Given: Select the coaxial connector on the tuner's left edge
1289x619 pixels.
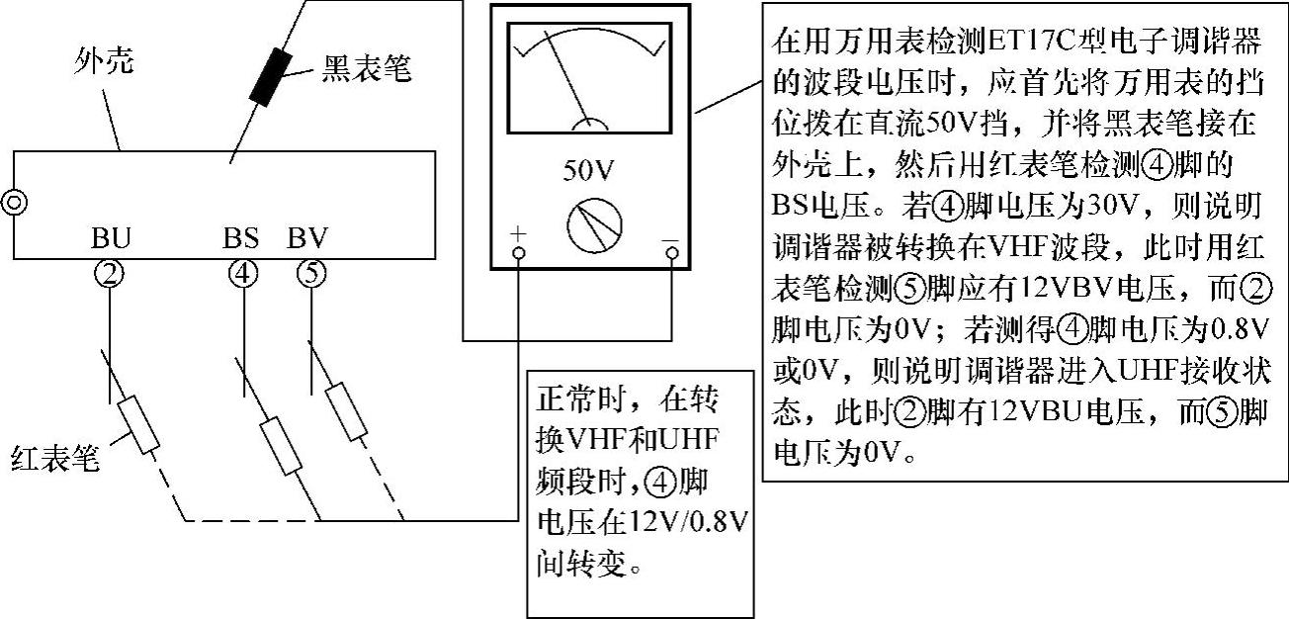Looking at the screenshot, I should tap(13, 203).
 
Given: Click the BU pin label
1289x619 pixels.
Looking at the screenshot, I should tap(112, 240).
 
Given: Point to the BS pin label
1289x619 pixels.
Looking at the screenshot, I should tap(242, 239).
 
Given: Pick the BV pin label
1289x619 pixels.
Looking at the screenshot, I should tap(307, 239).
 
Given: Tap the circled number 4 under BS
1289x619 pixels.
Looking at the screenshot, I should tap(242, 273).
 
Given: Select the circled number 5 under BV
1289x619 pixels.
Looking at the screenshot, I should tap(310, 273).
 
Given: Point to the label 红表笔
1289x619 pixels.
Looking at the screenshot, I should tap(56, 458).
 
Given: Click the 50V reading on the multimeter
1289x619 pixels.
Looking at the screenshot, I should tap(589, 169).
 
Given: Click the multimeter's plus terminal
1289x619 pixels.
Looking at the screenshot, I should tap(518, 254).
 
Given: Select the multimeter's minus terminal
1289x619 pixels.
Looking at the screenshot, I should tap(672, 254).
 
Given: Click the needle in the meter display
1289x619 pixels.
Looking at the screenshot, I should tap(568, 74).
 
